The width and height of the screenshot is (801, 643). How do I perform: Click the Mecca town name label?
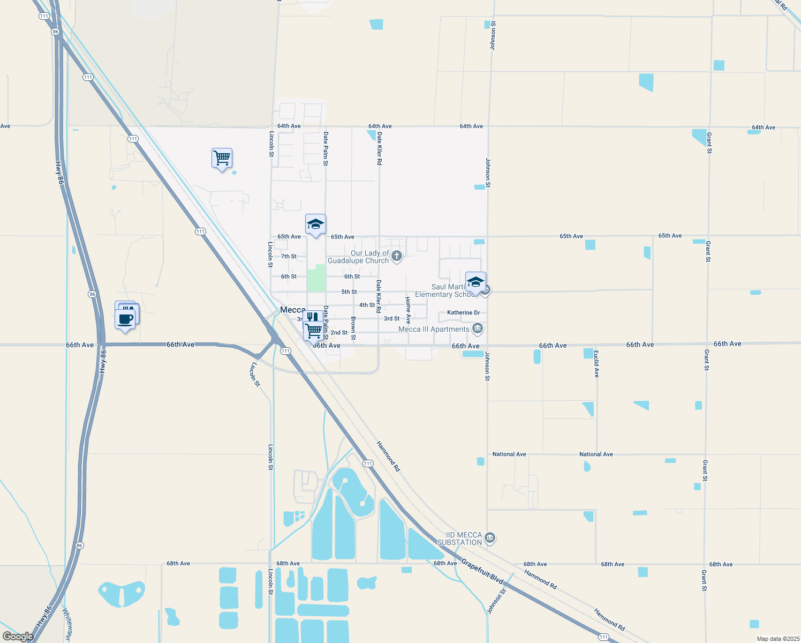pos(292,310)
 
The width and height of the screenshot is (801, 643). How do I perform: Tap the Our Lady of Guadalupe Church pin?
pos(397,256)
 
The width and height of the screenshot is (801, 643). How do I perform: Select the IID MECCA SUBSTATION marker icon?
pos(490,538)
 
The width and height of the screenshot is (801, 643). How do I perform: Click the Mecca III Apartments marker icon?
pos(478,328)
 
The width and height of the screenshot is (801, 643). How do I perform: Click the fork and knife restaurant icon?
pos(313,317)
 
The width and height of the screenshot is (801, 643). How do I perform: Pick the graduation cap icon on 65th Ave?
pos(315,225)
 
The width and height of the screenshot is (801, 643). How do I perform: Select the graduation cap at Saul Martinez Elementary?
pos(475,282)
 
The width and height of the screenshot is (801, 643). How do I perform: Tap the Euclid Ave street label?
pos(596,364)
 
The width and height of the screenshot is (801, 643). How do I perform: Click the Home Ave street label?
pos(408,310)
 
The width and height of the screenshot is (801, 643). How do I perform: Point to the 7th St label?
pos(289,256)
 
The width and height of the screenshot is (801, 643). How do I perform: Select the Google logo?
pos(18,636)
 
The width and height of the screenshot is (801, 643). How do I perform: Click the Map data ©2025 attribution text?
pos(777,639)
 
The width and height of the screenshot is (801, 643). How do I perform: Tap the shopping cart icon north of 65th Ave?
pos(222,159)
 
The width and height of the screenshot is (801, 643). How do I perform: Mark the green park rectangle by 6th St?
pos(316,278)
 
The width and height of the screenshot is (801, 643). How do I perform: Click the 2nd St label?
pos(339,333)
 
